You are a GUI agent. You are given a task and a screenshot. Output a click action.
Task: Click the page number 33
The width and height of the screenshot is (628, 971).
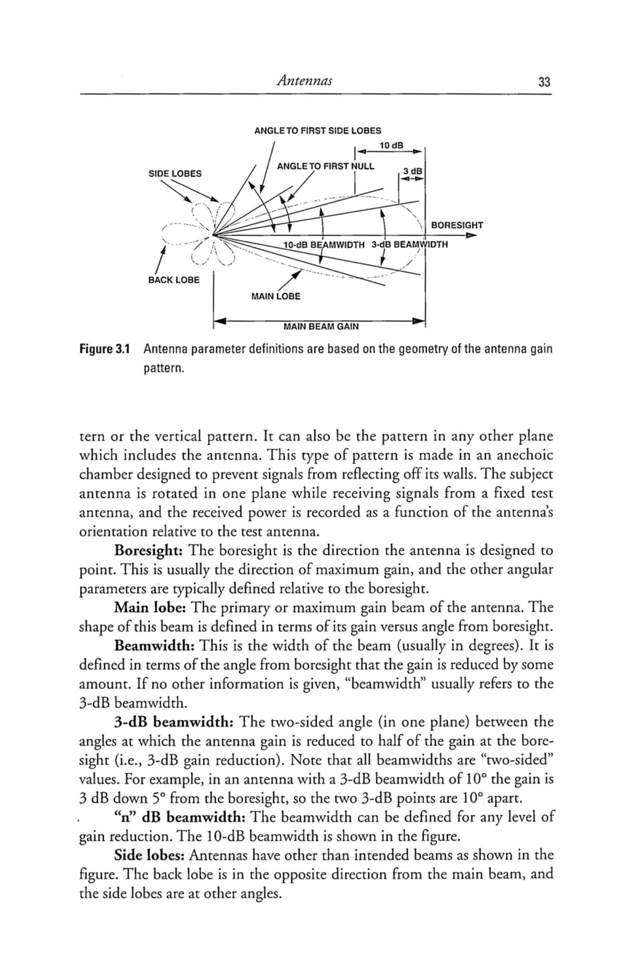coord(544,83)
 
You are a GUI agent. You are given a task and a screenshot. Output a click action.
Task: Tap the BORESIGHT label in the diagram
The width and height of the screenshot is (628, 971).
coord(457,225)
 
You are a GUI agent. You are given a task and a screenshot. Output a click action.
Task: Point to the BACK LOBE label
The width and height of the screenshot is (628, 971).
coord(173,280)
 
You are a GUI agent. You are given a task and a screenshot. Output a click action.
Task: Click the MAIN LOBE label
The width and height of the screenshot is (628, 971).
coord(275,296)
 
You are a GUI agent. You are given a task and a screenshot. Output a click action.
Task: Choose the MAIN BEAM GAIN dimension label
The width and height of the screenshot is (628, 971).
coord(321,327)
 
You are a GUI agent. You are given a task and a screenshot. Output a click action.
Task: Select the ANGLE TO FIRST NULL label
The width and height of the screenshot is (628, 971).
coord(325,166)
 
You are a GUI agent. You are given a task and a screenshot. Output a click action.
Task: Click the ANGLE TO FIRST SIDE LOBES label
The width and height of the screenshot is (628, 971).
coord(318,131)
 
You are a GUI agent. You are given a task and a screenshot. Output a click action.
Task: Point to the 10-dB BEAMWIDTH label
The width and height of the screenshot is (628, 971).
coord(323,245)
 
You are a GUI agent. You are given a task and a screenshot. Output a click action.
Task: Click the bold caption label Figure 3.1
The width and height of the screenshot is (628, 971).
coord(105,349)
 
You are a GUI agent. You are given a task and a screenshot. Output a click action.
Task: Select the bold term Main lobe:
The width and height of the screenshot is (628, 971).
coord(150,608)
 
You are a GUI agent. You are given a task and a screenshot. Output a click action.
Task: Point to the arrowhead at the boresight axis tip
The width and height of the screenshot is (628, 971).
coord(472,235)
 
